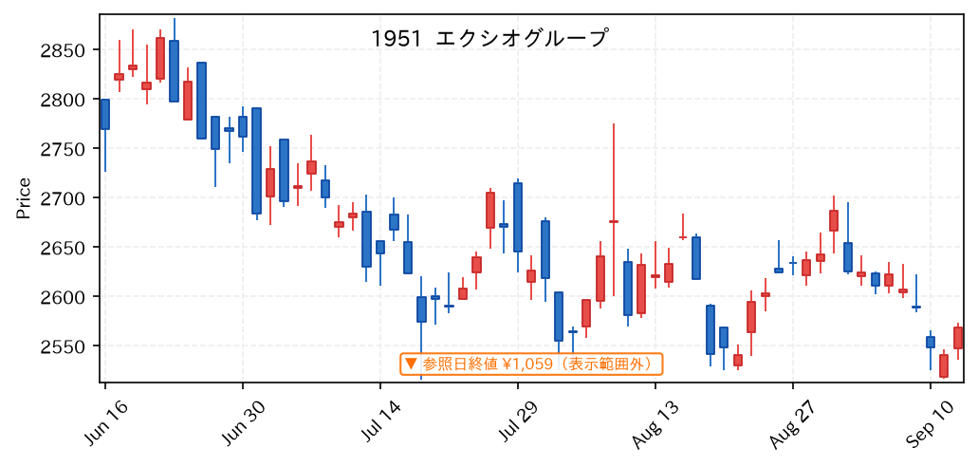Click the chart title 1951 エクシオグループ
[489, 39]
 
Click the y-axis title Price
[24, 198]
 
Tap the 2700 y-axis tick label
[66, 198]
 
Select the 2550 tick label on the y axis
[66, 346]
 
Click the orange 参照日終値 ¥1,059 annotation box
[531, 364]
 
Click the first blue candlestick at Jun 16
[104, 114]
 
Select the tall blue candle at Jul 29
[518, 217]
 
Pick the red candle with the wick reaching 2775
[614, 221]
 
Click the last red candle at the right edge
[958, 338]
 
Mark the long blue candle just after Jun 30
[256, 161]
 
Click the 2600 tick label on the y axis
[66, 296]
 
